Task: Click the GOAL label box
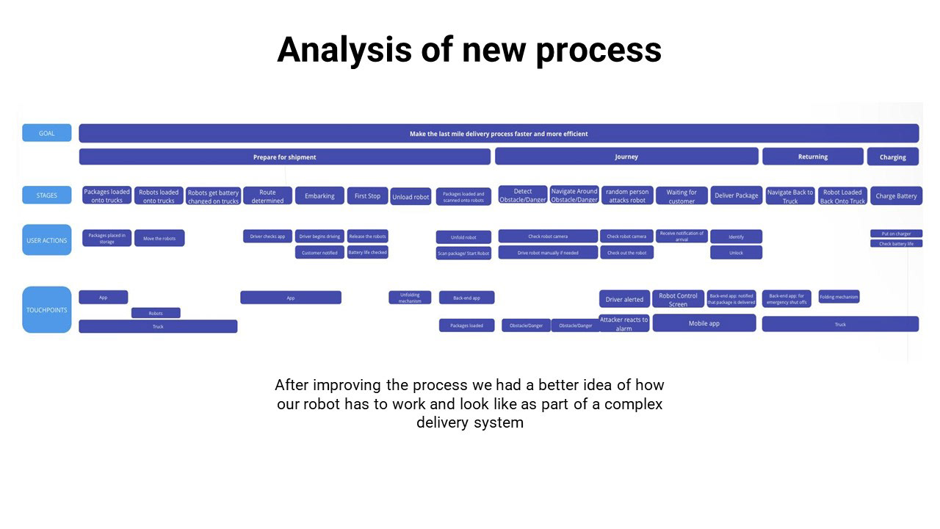tap(46, 133)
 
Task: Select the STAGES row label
tap(46, 195)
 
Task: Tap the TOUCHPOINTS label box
tap(46, 309)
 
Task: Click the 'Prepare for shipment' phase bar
tap(284, 156)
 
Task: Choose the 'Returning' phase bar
tap(812, 156)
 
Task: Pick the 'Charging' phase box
tap(892, 156)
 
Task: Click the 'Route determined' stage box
tap(267, 196)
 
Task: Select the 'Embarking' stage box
tap(319, 196)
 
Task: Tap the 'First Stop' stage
tap(367, 196)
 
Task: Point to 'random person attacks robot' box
tap(626, 195)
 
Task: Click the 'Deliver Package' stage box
tap(736, 195)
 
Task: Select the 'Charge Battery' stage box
tap(896, 196)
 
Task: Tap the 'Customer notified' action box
tap(319, 253)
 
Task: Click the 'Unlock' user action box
tap(736, 253)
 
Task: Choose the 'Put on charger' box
tap(896, 234)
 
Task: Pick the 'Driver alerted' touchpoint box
tap(624, 299)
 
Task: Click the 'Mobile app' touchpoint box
tap(704, 323)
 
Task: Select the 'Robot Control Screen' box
tap(678, 299)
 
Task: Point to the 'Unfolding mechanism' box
tap(410, 298)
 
